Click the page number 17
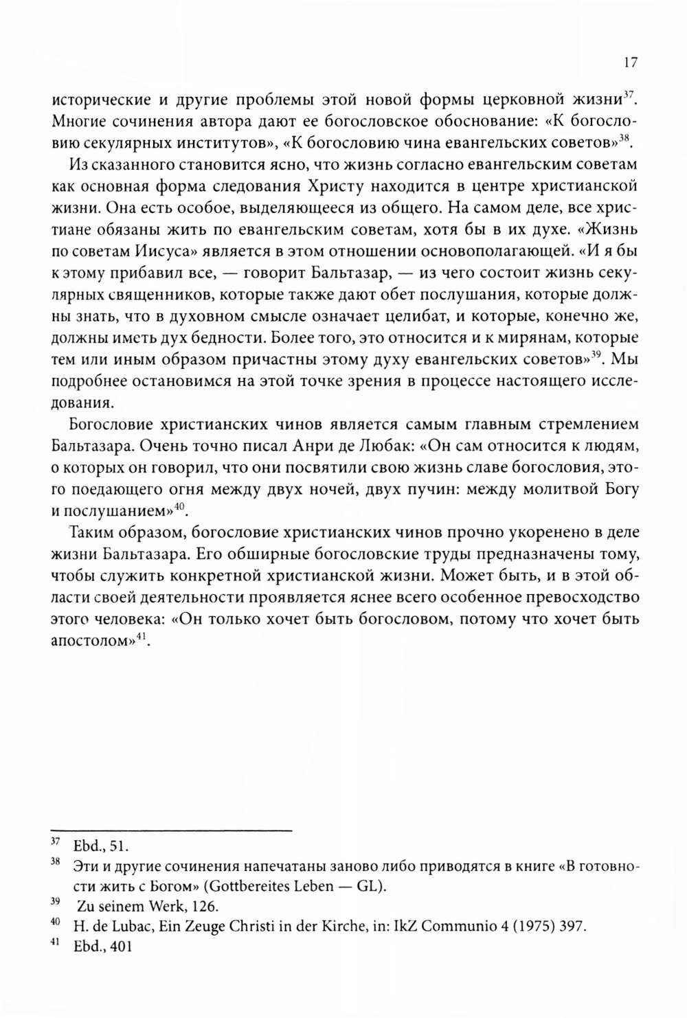[x=631, y=63]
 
